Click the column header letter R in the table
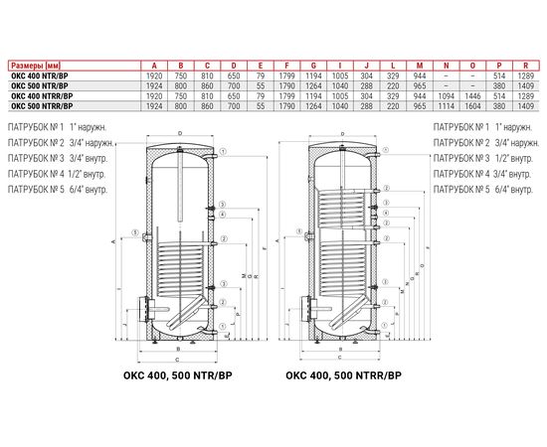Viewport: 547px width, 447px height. click(528, 59)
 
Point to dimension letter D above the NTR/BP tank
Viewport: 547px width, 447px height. click(179, 132)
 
